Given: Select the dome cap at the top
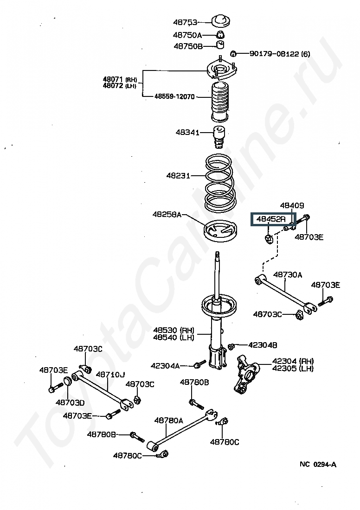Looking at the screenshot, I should pyautogui.click(x=221, y=21).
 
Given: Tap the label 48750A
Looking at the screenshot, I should pyautogui.click(x=187, y=35).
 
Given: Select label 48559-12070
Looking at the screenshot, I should pyautogui.click(x=175, y=97).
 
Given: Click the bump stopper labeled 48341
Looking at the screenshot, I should pyautogui.click(x=219, y=136).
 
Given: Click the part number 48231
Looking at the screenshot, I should pyautogui.click(x=178, y=176).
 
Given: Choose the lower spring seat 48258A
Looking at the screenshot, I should pyautogui.click(x=220, y=230).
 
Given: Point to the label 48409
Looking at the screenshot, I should pyautogui.click(x=292, y=205).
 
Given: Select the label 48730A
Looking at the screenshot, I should pyautogui.click(x=288, y=274).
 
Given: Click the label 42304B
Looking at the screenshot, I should pyautogui.click(x=263, y=345).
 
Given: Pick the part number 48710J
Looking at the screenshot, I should pyautogui.click(x=110, y=374).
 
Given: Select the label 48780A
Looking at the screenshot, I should pyautogui.click(x=168, y=421).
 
